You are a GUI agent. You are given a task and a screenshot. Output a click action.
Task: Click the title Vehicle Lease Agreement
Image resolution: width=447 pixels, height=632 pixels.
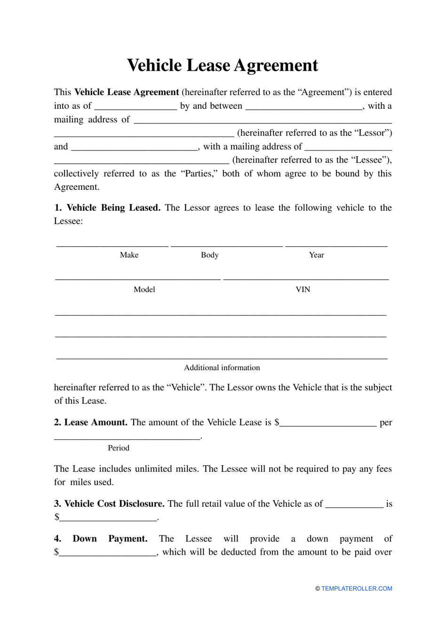[223, 65]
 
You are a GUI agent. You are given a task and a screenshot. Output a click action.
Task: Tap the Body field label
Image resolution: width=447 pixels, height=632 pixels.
[209, 255]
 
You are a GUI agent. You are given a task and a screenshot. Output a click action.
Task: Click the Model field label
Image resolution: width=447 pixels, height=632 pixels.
[144, 289]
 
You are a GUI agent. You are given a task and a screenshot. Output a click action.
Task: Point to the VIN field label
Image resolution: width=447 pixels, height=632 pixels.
[303, 289]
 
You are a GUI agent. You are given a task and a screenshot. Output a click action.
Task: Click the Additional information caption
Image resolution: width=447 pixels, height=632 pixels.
[222, 367]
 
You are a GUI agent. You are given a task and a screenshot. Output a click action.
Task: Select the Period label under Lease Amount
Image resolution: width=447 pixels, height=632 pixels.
[118, 448]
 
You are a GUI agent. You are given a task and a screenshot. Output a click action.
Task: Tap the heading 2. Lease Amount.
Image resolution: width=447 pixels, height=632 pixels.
[91, 422]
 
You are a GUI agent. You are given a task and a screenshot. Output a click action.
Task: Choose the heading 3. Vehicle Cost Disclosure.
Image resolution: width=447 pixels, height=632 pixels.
[109, 503]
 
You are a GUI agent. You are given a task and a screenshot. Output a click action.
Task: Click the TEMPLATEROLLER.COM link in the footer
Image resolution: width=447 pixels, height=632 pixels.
[357, 588]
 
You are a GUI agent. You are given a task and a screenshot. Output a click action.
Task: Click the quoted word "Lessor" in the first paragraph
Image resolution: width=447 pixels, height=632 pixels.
[375, 133]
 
